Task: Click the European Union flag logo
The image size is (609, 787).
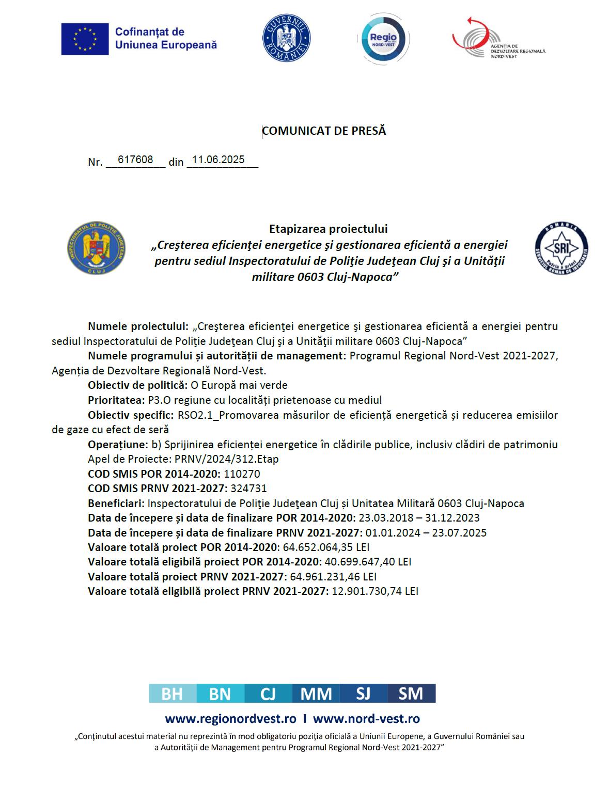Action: point(85,39)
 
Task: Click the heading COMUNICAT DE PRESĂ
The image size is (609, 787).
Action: point(324,131)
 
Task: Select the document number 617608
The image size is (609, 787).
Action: point(135,160)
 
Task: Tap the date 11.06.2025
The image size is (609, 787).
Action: point(218,160)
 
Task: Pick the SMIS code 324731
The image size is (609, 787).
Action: point(249,489)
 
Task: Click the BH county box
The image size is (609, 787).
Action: point(172,693)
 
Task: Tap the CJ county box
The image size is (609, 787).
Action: point(268,693)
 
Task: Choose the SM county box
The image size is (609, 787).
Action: point(411,693)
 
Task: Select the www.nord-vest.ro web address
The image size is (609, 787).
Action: point(366,719)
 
